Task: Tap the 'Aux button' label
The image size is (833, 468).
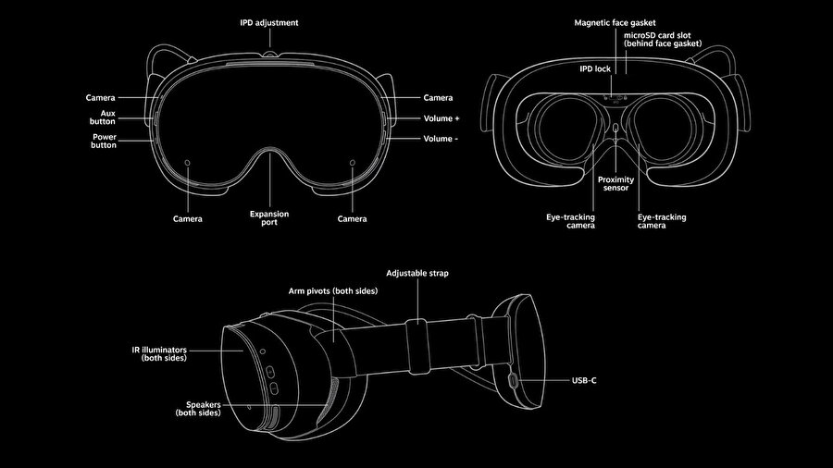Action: point(103,116)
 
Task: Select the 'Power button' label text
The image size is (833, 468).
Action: point(104,142)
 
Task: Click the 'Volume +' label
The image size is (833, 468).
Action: point(441,118)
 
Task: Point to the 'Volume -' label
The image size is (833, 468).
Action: point(440,138)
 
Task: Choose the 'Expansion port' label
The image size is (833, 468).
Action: point(269,218)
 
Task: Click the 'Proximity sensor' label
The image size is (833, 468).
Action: point(615,183)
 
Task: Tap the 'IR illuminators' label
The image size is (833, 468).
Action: point(158,353)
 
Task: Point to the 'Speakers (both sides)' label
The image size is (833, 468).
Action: point(197,409)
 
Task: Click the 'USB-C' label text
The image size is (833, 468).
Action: point(584,379)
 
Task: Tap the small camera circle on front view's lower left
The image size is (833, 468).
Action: point(188,164)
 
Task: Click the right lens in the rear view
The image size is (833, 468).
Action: point(662,130)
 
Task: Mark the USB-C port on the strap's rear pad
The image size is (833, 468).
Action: point(514,379)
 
